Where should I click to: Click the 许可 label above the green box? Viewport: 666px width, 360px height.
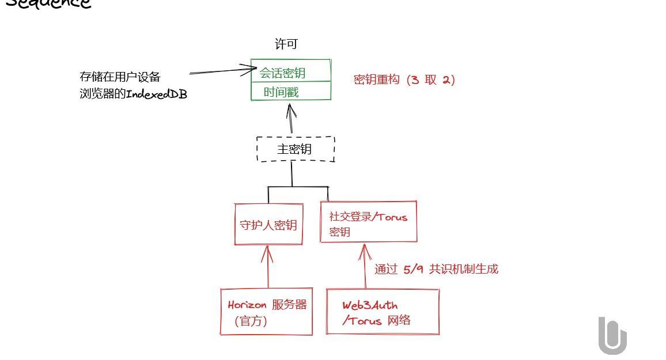click(x=286, y=44)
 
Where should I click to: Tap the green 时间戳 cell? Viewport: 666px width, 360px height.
click(x=291, y=92)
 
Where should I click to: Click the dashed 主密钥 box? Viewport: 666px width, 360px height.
click(x=295, y=149)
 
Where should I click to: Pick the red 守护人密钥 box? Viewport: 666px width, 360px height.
click(x=268, y=224)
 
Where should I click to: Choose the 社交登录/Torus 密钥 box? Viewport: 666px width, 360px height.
click(x=368, y=222)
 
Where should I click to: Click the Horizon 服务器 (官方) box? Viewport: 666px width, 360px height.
click(x=267, y=312)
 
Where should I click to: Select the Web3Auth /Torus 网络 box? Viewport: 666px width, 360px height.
click(x=383, y=312)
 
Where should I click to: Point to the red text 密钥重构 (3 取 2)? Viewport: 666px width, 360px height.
click(x=404, y=80)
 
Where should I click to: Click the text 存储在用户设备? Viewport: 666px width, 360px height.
click(x=120, y=77)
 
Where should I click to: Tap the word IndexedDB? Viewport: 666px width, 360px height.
click(x=156, y=94)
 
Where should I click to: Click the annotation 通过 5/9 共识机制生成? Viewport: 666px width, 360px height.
click(x=436, y=269)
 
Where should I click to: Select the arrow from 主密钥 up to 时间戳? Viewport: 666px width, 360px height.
click(x=290, y=119)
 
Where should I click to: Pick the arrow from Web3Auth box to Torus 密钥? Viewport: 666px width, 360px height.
click(x=365, y=266)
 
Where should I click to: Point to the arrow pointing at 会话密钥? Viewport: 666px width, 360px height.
click(x=222, y=72)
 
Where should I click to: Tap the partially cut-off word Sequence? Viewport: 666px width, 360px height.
click(x=48, y=4)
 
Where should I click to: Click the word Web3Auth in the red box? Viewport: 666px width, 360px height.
click(x=370, y=305)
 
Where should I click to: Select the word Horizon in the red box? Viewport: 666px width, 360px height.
click(x=247, y=305)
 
